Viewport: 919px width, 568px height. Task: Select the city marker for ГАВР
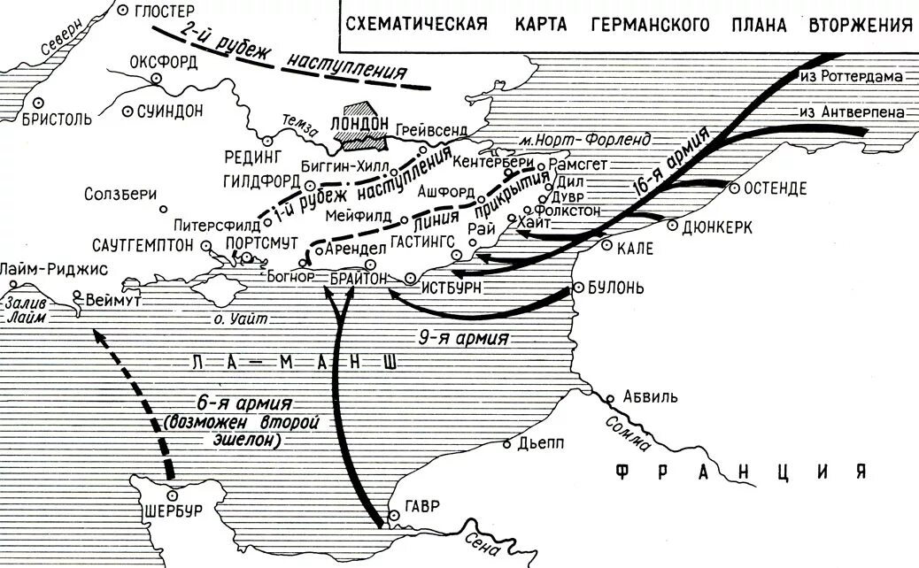point(390,514)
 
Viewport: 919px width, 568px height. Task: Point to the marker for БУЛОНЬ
point(579,288)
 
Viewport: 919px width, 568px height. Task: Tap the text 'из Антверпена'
point(850,112)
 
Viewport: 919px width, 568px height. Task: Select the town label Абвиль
point(650,395)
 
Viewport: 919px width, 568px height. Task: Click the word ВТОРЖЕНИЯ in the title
point(859,24)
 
